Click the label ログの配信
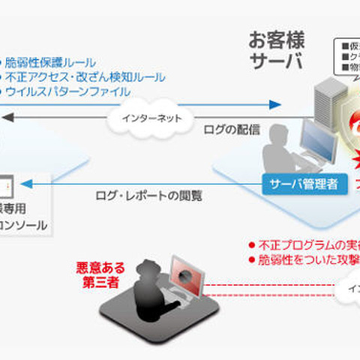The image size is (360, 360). click(x=232, y=129)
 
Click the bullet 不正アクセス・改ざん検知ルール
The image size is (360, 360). click(x=85, y=76)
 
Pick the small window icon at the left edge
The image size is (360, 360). click(x=7, y=184)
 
